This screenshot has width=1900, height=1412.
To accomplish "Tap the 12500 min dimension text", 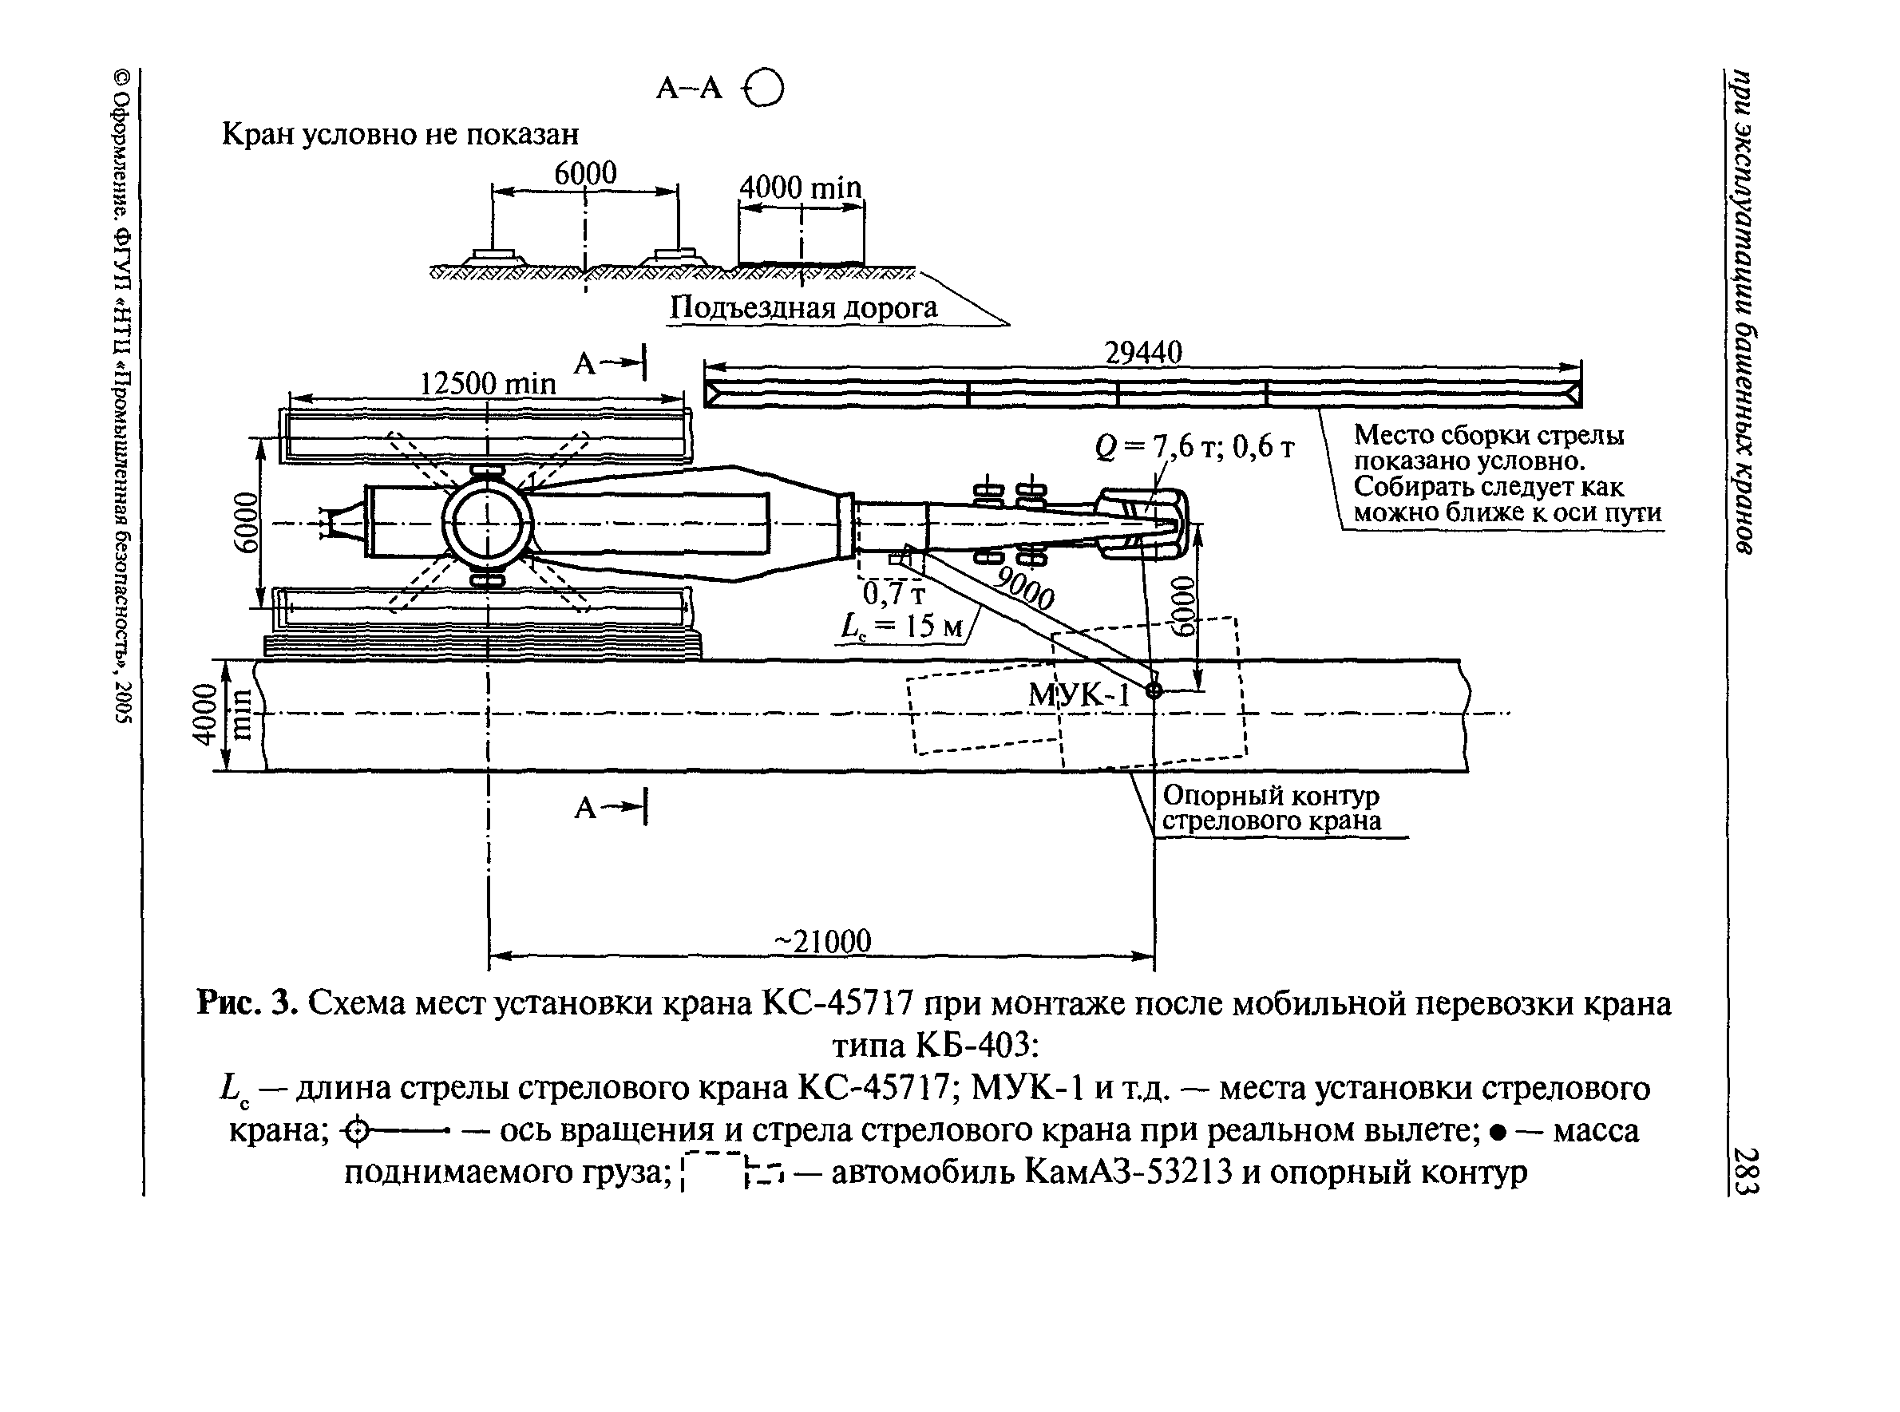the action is point(487,384).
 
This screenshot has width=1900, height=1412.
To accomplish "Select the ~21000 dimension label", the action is point(822,941).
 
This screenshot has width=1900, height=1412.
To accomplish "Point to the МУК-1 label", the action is point(1079,695).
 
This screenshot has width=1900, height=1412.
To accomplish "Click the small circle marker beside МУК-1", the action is point(1154,690).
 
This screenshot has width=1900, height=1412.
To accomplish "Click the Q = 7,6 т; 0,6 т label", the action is point(1194,447).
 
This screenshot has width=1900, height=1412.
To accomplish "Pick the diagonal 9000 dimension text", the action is point(1025,588).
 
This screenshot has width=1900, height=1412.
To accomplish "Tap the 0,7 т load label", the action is point(893,593).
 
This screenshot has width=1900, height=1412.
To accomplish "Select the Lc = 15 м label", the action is point(902,627).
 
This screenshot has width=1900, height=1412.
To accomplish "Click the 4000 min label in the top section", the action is point(800,188).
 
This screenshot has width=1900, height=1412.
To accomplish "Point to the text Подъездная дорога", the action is point(802,307).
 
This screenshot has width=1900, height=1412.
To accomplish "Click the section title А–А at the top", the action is point(689,87).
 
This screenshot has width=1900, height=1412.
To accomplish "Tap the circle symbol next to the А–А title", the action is point(765,87).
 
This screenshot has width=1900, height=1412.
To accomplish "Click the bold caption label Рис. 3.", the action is point(247,1003).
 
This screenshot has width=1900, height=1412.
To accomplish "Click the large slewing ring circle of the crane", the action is point(487,523).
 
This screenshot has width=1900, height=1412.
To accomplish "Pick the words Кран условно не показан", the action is point(400,134).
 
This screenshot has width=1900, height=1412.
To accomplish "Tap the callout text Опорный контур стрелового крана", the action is point(1272,809).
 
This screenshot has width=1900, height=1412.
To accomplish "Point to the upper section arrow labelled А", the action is point(610,363).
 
